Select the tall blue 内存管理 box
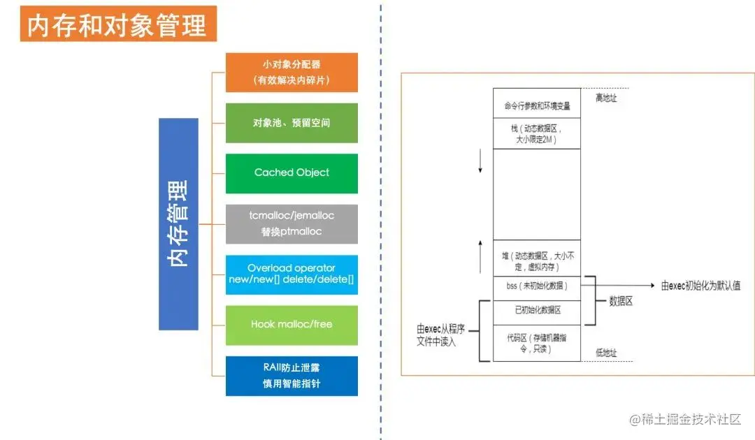coord(178,223)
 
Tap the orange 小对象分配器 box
coord(292,72)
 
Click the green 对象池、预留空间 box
coord(292,123)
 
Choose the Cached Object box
coord(292,173)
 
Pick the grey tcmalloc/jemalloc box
coord(292,223)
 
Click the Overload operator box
coord(292,274)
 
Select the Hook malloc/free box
coord(292,325)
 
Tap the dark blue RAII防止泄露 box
coord(292,376)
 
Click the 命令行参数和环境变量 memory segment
coord(537,106)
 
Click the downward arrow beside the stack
coord(480,163)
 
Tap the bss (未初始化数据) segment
coord(537,286)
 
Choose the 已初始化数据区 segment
coord(537,309)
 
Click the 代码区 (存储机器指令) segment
coord(537,342)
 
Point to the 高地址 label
coord(605,98)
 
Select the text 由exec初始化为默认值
coord(700,286)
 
